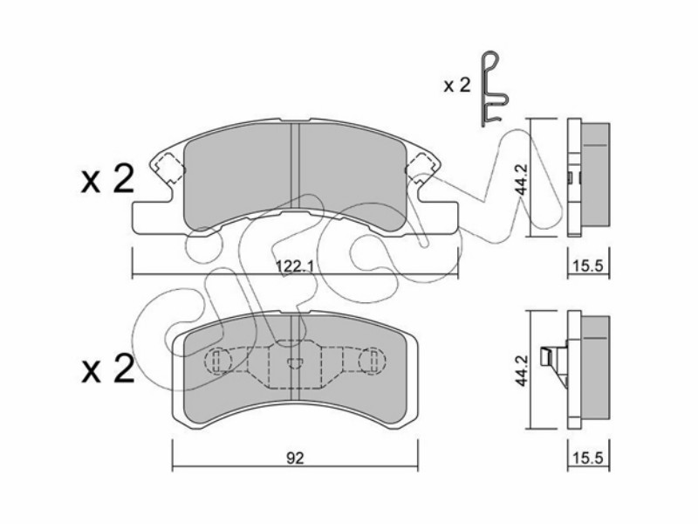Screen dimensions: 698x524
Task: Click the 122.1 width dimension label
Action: coord(295,267)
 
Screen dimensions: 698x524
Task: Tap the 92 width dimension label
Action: coord(295,458)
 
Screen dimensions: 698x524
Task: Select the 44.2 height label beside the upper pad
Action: coord(521,179)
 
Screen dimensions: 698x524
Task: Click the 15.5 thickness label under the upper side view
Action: coord(588,266)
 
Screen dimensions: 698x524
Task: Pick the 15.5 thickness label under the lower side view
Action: coord(588,457)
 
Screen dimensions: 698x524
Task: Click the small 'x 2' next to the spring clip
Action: coord(456,85)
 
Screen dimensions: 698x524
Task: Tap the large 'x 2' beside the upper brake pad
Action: coord(107,180)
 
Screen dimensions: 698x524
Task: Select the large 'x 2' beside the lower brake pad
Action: coord(107,369)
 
